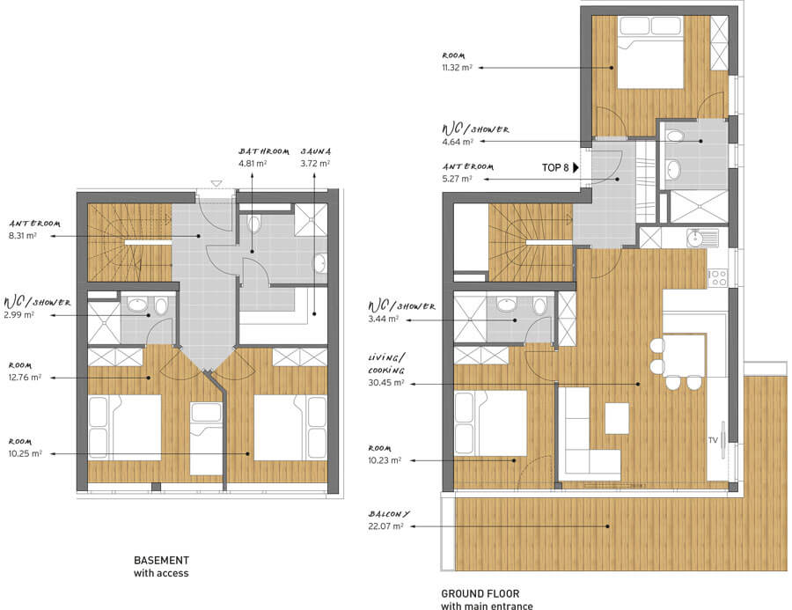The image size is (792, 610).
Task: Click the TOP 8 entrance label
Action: coord(555,168)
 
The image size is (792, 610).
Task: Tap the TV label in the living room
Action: coord(713,440)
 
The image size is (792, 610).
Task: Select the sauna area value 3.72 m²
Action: coord(315,163)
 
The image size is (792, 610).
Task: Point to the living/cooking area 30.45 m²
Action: coord(386,383)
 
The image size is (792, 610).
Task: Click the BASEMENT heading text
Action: coord(162,561)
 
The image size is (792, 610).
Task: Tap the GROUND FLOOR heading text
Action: coord(480,594)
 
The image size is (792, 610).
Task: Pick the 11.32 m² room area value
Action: coord(457,67)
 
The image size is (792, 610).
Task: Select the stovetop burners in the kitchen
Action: coord(717,278)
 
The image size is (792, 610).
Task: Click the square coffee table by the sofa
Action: coord(617,418)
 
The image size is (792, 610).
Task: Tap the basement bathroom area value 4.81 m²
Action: coord(253,163)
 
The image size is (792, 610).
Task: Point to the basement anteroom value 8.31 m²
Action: coord(23,235)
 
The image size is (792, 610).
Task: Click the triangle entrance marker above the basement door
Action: coord(216,183)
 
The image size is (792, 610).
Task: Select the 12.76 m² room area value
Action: coord(25,377)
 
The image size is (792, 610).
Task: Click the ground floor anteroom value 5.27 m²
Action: coord(457,179)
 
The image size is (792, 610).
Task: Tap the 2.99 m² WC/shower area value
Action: coord(19,315)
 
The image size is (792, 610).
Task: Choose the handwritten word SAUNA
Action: coord(316,151)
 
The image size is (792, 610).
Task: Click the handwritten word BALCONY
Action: coord(389,514)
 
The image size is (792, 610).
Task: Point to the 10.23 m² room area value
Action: coord(385,459)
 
